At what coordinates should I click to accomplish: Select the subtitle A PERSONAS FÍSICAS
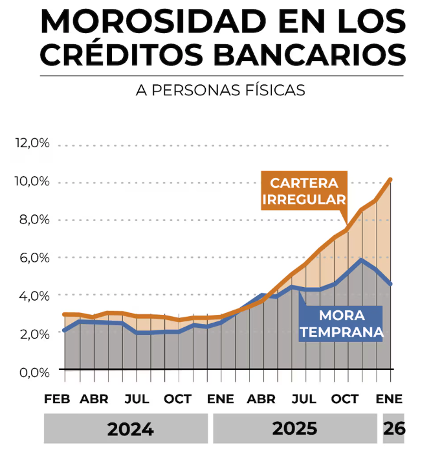[220, 90]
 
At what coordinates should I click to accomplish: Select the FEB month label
[57, 398]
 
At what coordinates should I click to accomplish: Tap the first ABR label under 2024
[94, 398]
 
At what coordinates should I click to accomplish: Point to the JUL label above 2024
[137, 398]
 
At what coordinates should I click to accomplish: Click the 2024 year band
[126, 429]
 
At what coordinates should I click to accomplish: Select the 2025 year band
[294, 429]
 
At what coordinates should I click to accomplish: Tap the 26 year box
[393, 429]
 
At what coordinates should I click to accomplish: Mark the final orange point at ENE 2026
[390, 179]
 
